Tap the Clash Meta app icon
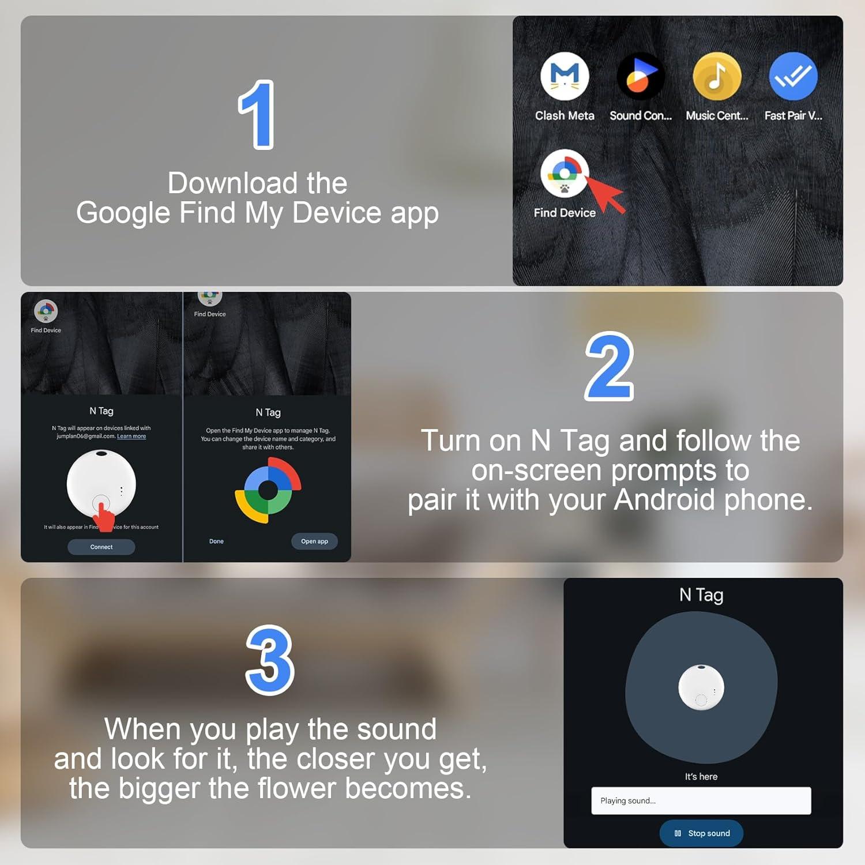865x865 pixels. (565, 76)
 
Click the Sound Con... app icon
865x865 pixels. (640, 76)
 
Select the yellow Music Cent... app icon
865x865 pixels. (717, 76)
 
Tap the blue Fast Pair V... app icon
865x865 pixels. (793, 76)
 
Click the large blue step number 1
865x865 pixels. (257, 115)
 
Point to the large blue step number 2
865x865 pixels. (610, 367)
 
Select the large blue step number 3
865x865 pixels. (270, 660)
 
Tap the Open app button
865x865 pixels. (314, 541)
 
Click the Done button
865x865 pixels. (216, 541)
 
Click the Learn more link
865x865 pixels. (131, 437)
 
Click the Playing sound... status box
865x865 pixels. (701, 800)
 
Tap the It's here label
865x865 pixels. (701, 777)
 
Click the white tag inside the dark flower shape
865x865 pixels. (701, 687)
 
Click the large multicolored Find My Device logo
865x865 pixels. (268, 490)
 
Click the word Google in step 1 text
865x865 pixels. (123, 213)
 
